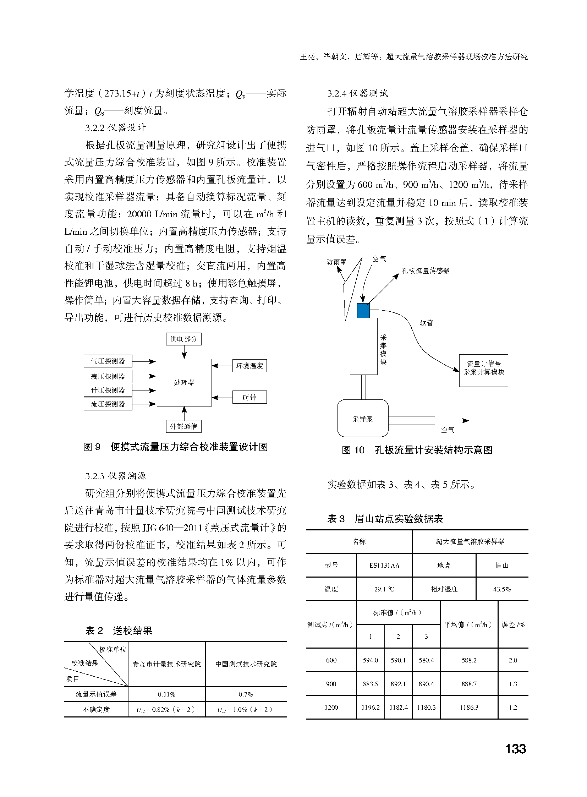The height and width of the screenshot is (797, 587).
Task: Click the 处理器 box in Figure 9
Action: [x=184, y=382]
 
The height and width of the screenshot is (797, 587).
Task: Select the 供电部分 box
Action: [x=184, y=339]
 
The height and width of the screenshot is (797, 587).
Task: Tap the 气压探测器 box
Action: [x=108, y=361]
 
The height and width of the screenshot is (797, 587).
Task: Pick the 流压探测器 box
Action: [x=108, y=404]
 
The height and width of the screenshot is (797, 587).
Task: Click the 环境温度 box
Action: [x=249, y=366]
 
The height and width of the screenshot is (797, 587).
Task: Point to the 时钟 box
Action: [x=249, y=397]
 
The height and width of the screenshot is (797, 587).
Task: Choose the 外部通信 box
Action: [x=184, y=426]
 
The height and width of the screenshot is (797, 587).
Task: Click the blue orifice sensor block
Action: [x=363, y=310]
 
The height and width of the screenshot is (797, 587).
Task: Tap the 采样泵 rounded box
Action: [x=362, y=419]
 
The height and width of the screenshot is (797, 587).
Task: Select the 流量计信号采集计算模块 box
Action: [x=484, y=370]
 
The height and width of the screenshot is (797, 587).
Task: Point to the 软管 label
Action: [x=426, y=323]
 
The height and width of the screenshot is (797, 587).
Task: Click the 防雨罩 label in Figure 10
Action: [x=336, y=262]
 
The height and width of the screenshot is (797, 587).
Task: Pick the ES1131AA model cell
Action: [x=384, y=565]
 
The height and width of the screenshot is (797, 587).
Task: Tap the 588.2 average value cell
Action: [x=469, y=660]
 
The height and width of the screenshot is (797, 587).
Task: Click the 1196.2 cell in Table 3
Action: [x=371, y=708]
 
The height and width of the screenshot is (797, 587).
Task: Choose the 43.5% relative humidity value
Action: [x=502, y=589]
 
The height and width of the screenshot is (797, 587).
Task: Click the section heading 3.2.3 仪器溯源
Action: [x=115, y=476]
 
